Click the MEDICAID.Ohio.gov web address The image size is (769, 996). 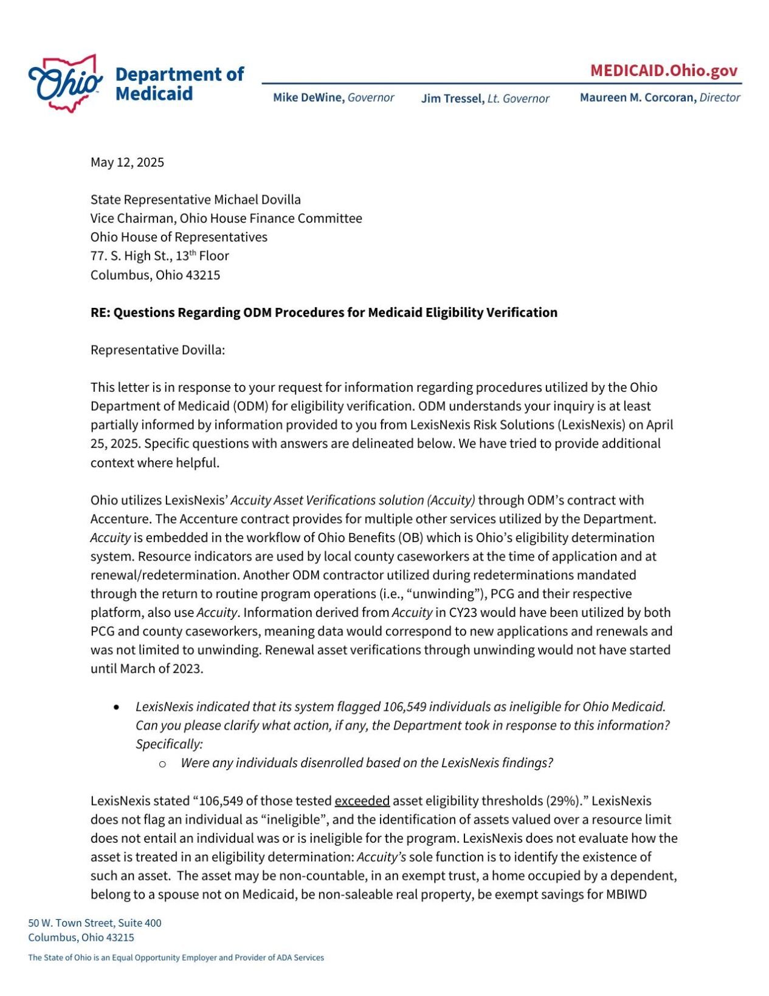click(x=663, y=71)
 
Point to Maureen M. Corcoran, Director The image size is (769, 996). click(x=660, y=97)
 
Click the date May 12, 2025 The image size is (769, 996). click(x=127, y=162)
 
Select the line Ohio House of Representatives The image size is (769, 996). click(x=179, y=237)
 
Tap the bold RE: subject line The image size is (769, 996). click(x=323, y=312)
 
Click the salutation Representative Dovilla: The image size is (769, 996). click(x=157, y=350)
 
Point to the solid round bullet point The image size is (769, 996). click(x=117, y=707)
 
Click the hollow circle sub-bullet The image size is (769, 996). click(x=162, y=764)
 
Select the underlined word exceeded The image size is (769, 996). click(x=362, y=801)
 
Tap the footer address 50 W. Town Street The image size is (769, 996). click(x=94, y=922)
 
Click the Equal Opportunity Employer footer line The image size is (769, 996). click(x=176, y=957)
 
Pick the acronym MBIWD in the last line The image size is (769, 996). click(x=626, y=894)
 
